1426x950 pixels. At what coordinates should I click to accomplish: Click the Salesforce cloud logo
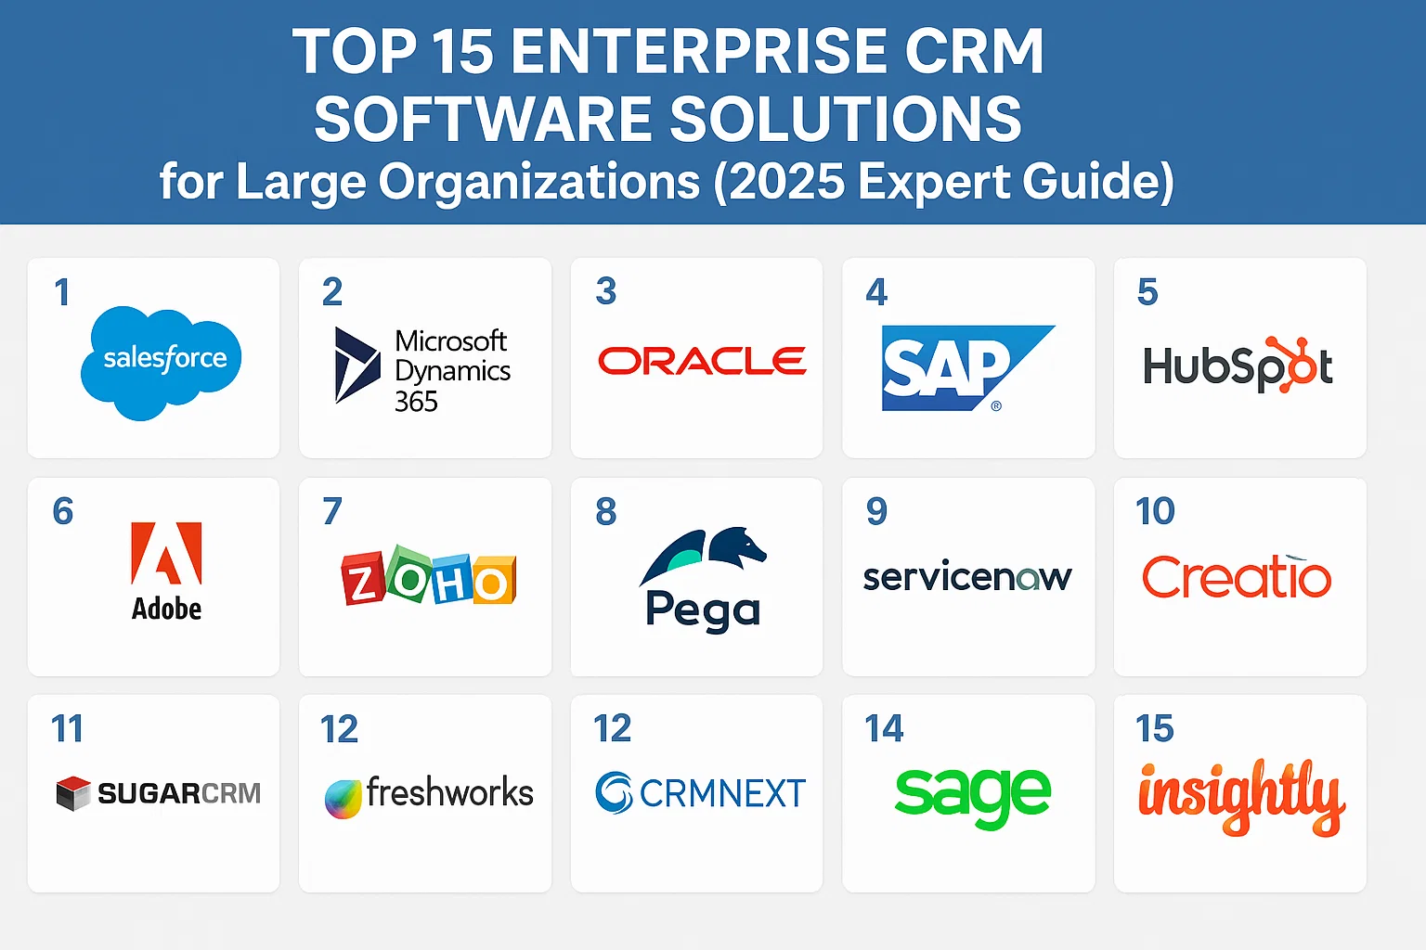point(162,361)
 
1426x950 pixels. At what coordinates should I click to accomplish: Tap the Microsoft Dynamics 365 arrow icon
point(356,365)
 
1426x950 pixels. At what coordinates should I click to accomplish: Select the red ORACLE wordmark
point(702,361)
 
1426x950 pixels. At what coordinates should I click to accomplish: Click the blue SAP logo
point(956,367)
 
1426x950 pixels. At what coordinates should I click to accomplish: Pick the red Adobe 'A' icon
point(166,553)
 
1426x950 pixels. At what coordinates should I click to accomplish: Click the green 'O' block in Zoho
point(408,576)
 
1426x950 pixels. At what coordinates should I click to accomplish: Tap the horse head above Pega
point(737,545)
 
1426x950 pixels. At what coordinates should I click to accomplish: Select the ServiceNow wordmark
point(966,577)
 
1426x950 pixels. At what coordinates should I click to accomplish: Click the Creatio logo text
point(1237,577)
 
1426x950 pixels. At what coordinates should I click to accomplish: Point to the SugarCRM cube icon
point(73,793)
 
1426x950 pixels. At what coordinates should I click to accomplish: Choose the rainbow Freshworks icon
point(343,799)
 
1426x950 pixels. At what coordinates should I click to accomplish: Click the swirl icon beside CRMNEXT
point(614,793)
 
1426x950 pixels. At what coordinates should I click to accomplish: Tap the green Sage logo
point(972,795)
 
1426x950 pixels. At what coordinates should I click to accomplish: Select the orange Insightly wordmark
point(1241,796)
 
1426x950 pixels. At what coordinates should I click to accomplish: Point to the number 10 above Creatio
point(1155,511)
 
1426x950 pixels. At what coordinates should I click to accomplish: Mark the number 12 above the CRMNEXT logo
point(613,729)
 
